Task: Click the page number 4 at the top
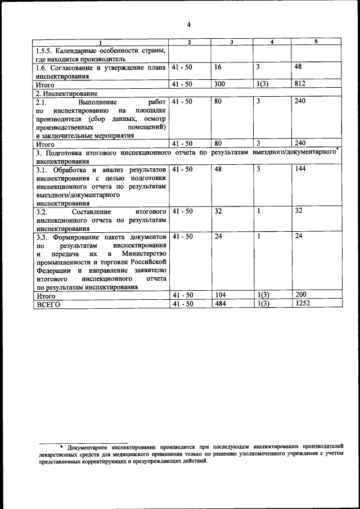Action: [189, 24]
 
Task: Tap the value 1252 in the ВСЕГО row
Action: [303, 304]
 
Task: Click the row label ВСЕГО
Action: [47, 304]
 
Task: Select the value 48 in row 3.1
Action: [219, 169]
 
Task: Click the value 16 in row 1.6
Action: [218, 67]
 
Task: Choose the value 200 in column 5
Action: [301, 295]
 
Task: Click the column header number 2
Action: [190, 42]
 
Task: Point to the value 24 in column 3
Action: [218, 236]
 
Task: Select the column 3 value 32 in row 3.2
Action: [218, 211]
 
